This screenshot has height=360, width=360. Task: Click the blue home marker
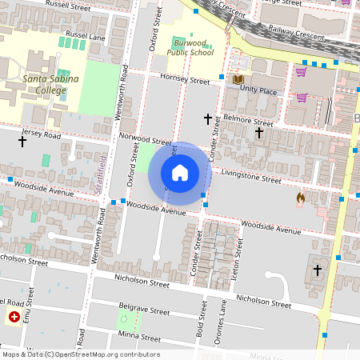(x=180, y=173)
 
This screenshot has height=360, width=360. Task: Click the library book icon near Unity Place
(x=238, y=79)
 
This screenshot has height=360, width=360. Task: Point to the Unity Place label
(x=258, y=91)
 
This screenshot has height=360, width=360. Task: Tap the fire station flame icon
(x=300, y=196)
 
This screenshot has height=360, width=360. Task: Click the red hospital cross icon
(x=14, y=318)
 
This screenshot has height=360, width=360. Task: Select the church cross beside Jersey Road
(x=22, y=141)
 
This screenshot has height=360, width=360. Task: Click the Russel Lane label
(x=86, y=37)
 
